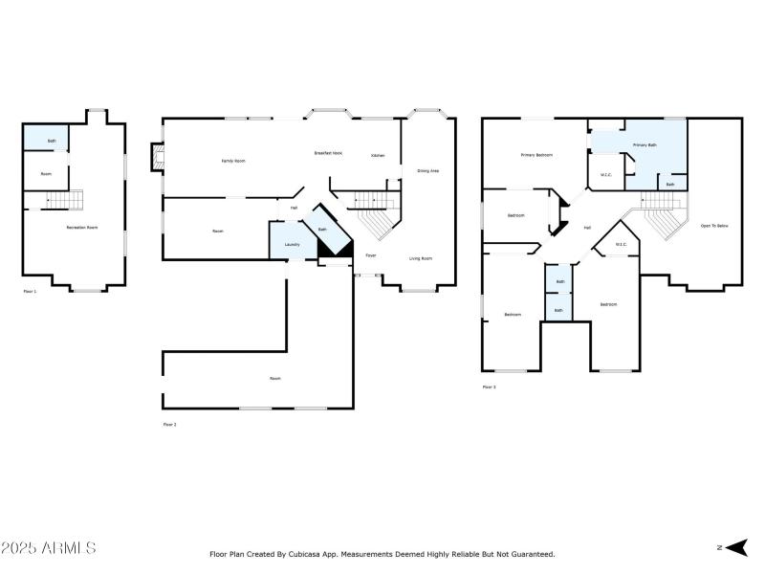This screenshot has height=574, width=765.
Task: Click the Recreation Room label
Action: coord(82,228)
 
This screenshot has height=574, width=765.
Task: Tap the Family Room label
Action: coord(233,161)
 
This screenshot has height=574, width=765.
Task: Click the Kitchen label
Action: coord(378,156)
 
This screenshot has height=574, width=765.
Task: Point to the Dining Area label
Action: coord(427,170)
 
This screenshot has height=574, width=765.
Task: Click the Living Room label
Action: coord(421,258)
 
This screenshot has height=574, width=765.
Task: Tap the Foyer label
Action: coord(370,255)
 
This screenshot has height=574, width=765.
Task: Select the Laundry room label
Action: coord(293,245)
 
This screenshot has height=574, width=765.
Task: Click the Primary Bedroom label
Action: coord(536,155)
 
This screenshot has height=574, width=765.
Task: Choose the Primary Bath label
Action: coord(645,145)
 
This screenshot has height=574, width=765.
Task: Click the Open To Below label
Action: coord(714,226)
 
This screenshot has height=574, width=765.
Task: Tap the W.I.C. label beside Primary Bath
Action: coord(606,175)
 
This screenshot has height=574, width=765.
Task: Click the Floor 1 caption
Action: coord(30,291)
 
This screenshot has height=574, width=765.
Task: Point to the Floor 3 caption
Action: coord(489,386)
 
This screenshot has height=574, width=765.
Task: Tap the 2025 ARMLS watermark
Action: coord(48,548)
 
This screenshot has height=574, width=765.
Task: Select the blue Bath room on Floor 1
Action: coord(45,139)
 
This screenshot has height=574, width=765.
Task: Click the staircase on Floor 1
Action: coord(64,200)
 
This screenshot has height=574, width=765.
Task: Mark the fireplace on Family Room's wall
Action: coord(157,158)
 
